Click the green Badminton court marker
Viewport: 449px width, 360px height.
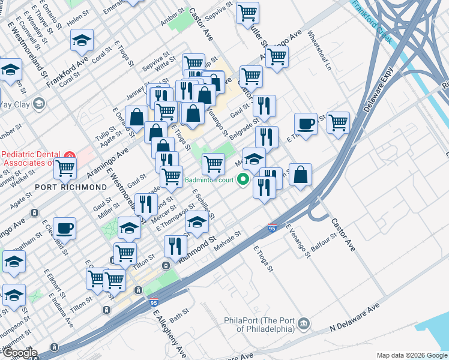(244, 179)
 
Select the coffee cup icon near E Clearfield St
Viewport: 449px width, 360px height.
(64, 228)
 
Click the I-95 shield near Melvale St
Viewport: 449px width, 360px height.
(273, 227)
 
